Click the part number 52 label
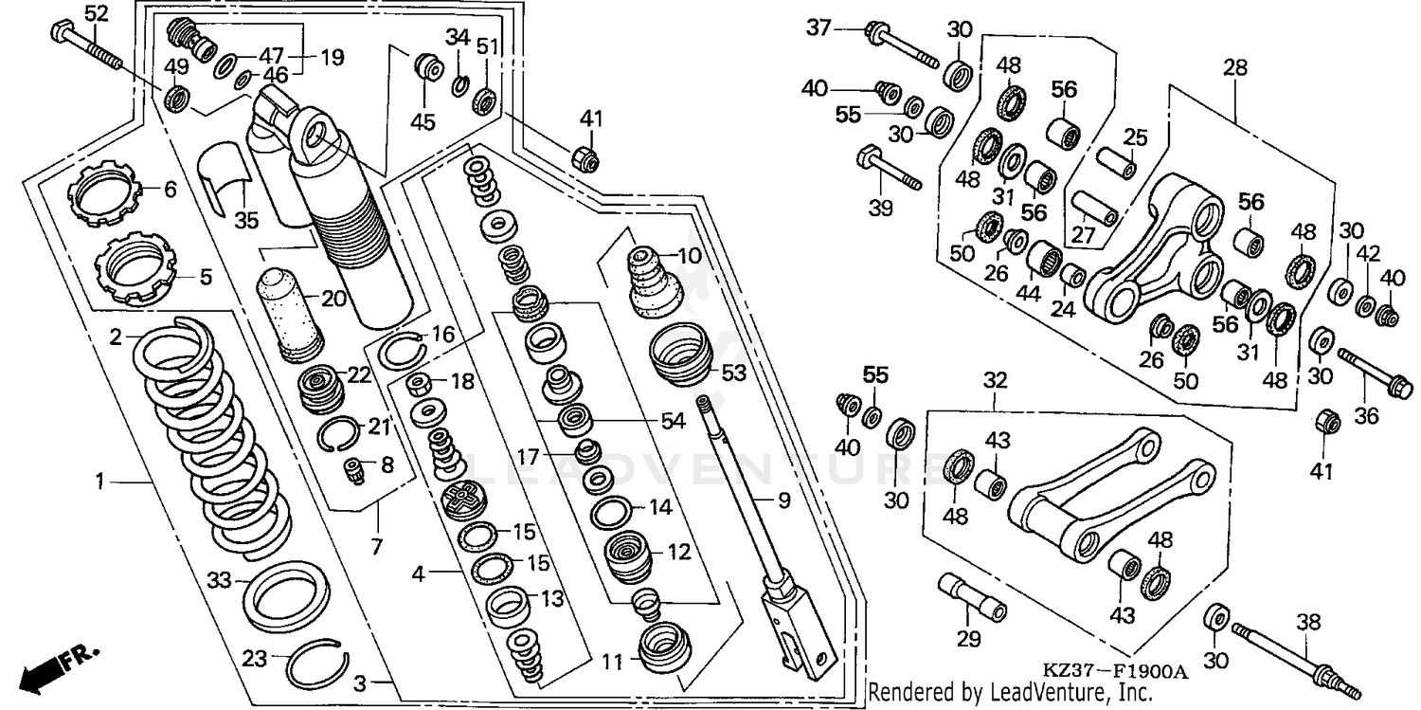click(97, 13)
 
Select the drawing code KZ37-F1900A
click(1115, 672)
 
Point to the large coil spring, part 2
click(212, 438)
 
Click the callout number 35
click(246, 220)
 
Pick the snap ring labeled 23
click(317, 666)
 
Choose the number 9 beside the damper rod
click(784, 501)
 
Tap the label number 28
click(1235, 67)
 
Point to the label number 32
click(996, 380)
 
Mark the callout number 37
click(818, 27)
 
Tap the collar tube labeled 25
click(1116, 163)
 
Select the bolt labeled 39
click(889, 168)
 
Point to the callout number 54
click(673, 421)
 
